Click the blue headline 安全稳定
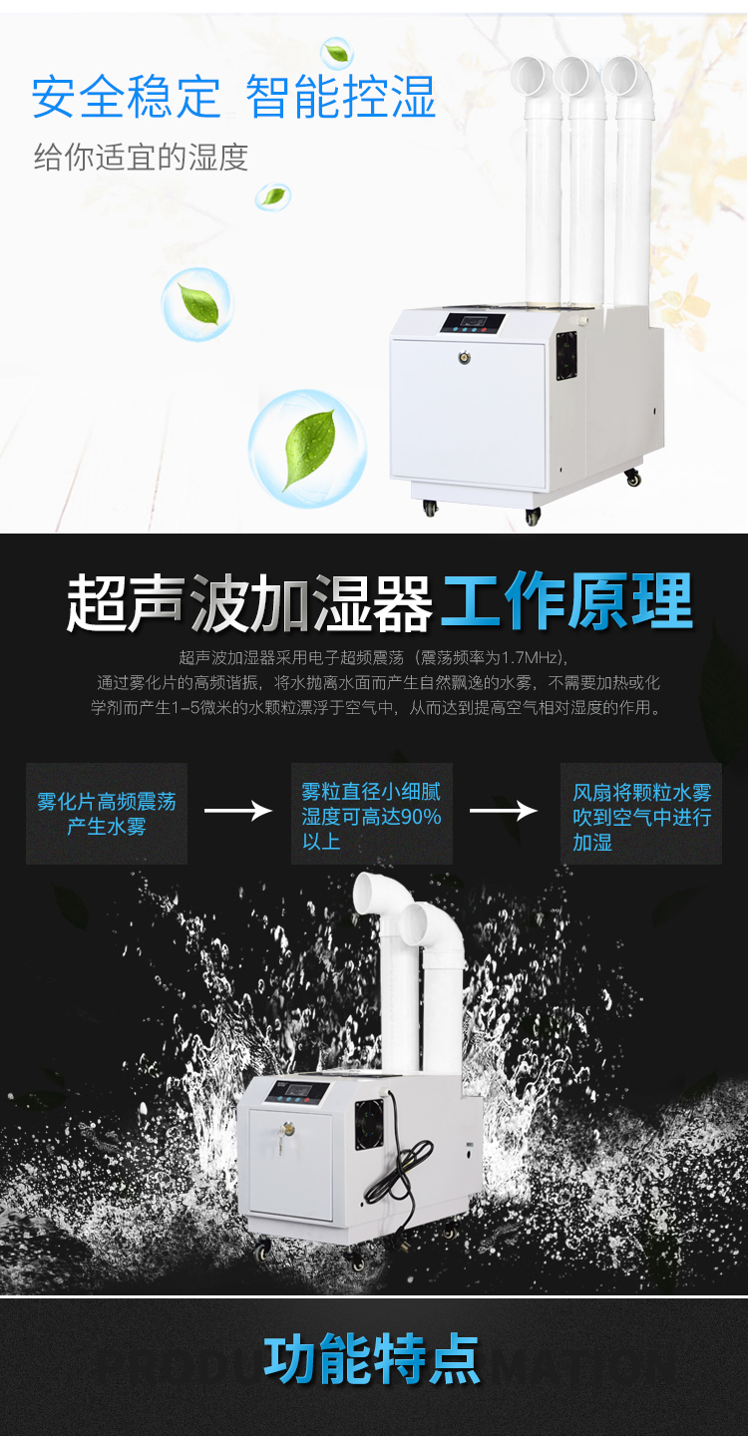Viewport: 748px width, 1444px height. point(127,97)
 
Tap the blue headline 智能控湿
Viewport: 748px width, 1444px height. point(341,97)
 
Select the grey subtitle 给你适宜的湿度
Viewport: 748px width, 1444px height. point(142,158)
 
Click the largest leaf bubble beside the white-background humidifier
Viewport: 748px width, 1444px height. point(307,448)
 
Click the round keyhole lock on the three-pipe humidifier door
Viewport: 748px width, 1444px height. point(463,356)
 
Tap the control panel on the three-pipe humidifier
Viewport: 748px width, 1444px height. point(472,323)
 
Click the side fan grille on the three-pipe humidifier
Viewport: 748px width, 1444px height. point(566,356)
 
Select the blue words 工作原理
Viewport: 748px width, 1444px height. point(566,600)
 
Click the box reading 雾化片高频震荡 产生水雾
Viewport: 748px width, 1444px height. point(107,814)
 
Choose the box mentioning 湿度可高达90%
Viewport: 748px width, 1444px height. point(371,814)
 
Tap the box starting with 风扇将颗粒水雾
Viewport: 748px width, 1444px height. point(641,814)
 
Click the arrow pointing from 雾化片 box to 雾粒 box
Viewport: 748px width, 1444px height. point(238,811)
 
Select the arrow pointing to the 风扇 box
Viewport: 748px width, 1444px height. point(504,811)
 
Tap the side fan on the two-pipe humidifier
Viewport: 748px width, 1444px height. point(369,1125)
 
